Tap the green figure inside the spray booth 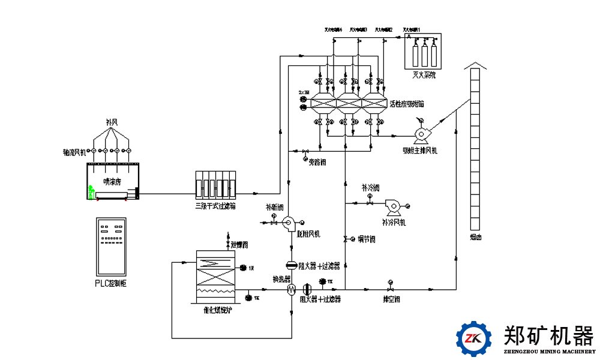[x=91, y=192]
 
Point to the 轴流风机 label [x=74, y=152]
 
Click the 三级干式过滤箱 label [x=215, y=206]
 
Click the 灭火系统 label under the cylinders [x=424, y=76]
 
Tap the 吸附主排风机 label [x=420, y=151]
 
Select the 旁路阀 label [x=317, y=161]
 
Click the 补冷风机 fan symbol [x=394, y=206]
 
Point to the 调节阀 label [x=367, y=239]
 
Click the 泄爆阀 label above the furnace [x=239, y=245]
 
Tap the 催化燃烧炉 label [x=217, y=310]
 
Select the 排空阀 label [x=392, y=298]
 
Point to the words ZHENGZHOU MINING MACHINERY [x=548, y=352]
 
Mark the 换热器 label [x=282, y=279]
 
